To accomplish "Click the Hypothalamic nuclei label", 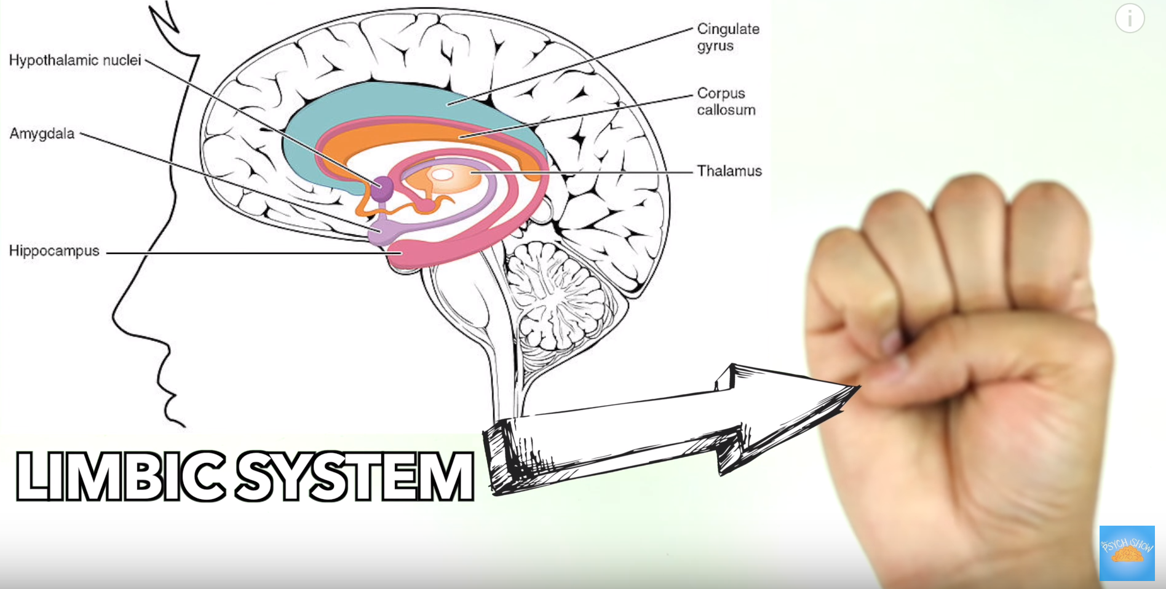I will [75, 60].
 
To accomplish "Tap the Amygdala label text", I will [42, 133].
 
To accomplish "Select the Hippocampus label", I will [54, 251].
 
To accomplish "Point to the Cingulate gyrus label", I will [728, 37].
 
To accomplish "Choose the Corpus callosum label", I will [726, 101].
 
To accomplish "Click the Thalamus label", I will [729, 171].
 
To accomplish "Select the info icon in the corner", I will [1130, 18].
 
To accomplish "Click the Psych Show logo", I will [1127, 553].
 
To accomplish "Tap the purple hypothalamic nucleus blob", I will [382, 188].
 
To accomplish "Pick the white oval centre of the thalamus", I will [442, 175].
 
